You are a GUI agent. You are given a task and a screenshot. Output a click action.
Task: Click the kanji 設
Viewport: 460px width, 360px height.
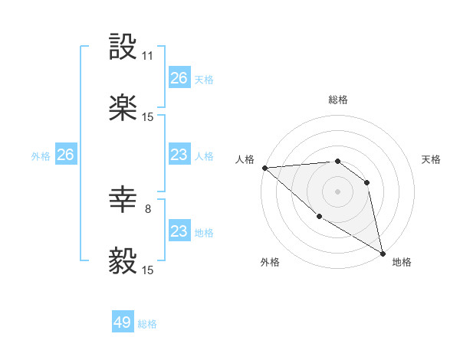click(x=123, y=47)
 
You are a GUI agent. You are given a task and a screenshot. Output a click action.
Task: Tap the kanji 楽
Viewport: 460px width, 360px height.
click(x=123, y=109)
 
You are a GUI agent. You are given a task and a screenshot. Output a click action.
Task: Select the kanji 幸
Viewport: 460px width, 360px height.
click(x=123, y=201)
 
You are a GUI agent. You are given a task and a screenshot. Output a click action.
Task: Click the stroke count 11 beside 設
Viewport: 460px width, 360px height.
click(x=148, y=56)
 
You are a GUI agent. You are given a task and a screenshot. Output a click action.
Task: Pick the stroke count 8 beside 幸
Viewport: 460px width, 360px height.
click(x=148, y=208)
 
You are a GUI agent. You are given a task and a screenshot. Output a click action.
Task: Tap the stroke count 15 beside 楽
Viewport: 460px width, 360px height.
click(x=148, y=117)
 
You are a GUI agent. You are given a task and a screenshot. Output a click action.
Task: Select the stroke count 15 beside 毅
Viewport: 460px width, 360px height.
click(x=148, y=270)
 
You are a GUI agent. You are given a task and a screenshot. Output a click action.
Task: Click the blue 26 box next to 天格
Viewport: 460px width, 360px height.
click(x=179, y=78)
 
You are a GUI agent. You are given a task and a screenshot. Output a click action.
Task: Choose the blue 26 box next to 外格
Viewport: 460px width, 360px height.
click(x=65, y=155)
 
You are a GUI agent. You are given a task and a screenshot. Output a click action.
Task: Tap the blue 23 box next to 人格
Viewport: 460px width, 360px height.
click(x=179, y=155)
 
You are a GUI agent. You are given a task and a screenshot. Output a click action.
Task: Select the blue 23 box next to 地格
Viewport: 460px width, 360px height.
click(x=179, y=231)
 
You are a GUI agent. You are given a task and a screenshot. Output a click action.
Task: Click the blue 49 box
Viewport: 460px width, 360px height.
click(x=123, y=322)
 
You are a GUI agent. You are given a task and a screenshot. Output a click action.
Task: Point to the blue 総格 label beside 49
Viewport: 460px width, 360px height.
click(x=148, y=324)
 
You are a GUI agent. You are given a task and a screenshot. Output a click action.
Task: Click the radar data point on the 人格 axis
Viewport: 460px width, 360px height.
click(x=264, y=168)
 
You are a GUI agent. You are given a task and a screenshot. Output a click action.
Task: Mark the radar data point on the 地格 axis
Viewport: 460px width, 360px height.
click(x=383, y=253)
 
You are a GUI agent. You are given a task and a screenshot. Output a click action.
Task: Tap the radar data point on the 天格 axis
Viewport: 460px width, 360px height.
click(x=367, y=182)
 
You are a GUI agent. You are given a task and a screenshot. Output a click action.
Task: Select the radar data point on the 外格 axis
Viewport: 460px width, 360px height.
click(x=319, y=217)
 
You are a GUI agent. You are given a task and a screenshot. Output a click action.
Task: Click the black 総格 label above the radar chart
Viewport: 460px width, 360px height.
click(x=338, y=100)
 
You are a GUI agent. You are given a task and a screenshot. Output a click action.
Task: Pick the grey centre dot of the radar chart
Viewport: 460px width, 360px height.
click(x=337, y=191)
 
